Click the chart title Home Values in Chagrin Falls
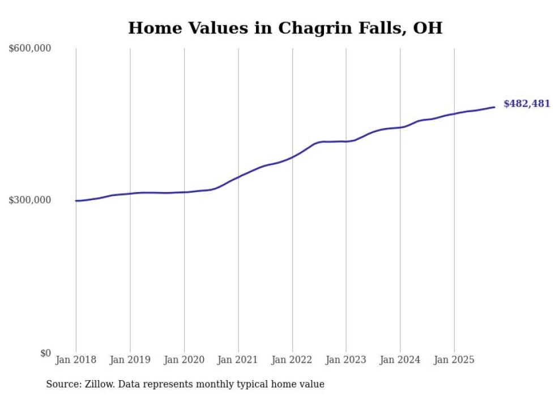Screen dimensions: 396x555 pos(285,28)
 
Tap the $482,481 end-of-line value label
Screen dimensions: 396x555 pos(527,104)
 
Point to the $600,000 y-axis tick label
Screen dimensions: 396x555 pos(30,49)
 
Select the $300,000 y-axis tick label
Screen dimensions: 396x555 pos(30,201)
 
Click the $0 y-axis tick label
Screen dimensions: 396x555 pos(45,354)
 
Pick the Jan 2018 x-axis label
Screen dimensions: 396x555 pos(76,360)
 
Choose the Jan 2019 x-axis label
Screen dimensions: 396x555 pos(130,360)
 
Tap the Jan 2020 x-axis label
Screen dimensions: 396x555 pos(184,360)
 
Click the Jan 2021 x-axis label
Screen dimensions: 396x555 pos(238,360)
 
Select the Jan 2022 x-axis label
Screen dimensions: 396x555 pos(292,360)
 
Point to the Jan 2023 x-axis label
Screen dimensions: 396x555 pos(346,360)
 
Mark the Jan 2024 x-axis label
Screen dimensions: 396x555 pos(400,360)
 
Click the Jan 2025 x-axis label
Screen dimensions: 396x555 pos(454,360)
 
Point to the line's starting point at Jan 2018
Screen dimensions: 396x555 pos(76,201)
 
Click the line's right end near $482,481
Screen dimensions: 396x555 pos(494,107)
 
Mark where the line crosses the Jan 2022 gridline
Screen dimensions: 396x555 pos(292,157)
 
